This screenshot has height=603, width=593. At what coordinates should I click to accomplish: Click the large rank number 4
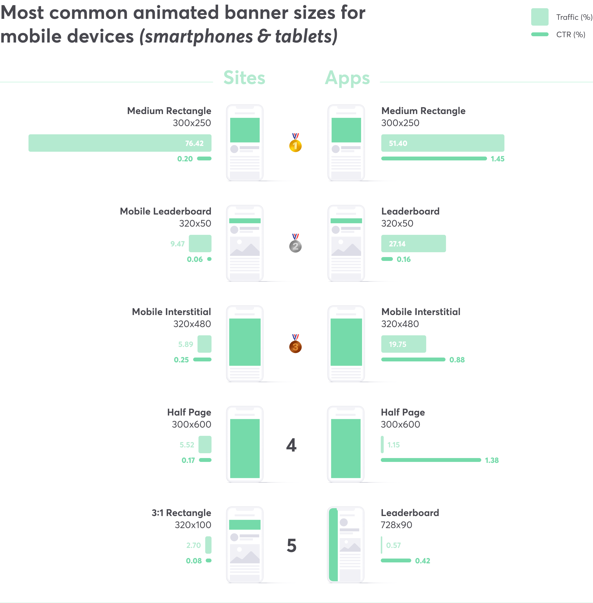click(291, 445)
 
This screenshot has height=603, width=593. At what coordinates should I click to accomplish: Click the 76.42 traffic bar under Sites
click(120, 143)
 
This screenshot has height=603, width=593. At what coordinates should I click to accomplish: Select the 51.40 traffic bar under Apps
click(442, 143)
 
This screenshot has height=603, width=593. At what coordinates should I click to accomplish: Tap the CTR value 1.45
click(497, 159)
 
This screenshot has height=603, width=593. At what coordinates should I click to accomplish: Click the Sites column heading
click(244, 78)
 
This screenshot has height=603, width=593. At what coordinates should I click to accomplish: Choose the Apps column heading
click(347, 78)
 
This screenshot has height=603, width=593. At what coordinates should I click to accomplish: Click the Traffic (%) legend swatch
click(539, 17)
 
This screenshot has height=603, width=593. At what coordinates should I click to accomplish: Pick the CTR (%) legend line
click(539, 34)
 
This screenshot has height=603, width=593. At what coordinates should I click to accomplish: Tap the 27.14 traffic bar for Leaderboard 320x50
click(413, 243)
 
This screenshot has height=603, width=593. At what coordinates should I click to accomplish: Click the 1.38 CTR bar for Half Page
click(431, 460)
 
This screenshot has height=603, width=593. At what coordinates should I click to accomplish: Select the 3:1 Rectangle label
click(181, 513)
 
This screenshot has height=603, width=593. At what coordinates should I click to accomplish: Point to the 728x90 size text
click(396, 525)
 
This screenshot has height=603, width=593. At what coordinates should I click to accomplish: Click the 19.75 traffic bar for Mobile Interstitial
click(403, 344)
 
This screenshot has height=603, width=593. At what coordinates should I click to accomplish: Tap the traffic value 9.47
click(177, 244)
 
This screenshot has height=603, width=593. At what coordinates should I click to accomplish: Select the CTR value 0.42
click(422, 561)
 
